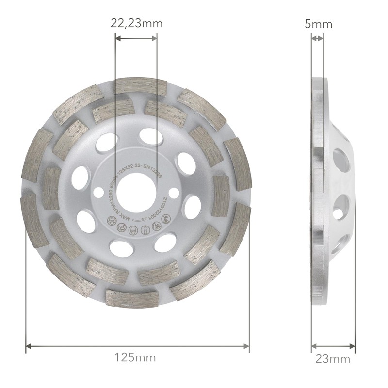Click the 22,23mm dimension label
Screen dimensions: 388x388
click(x=136, y=23)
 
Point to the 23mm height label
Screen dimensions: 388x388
click(x=333, y=359)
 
